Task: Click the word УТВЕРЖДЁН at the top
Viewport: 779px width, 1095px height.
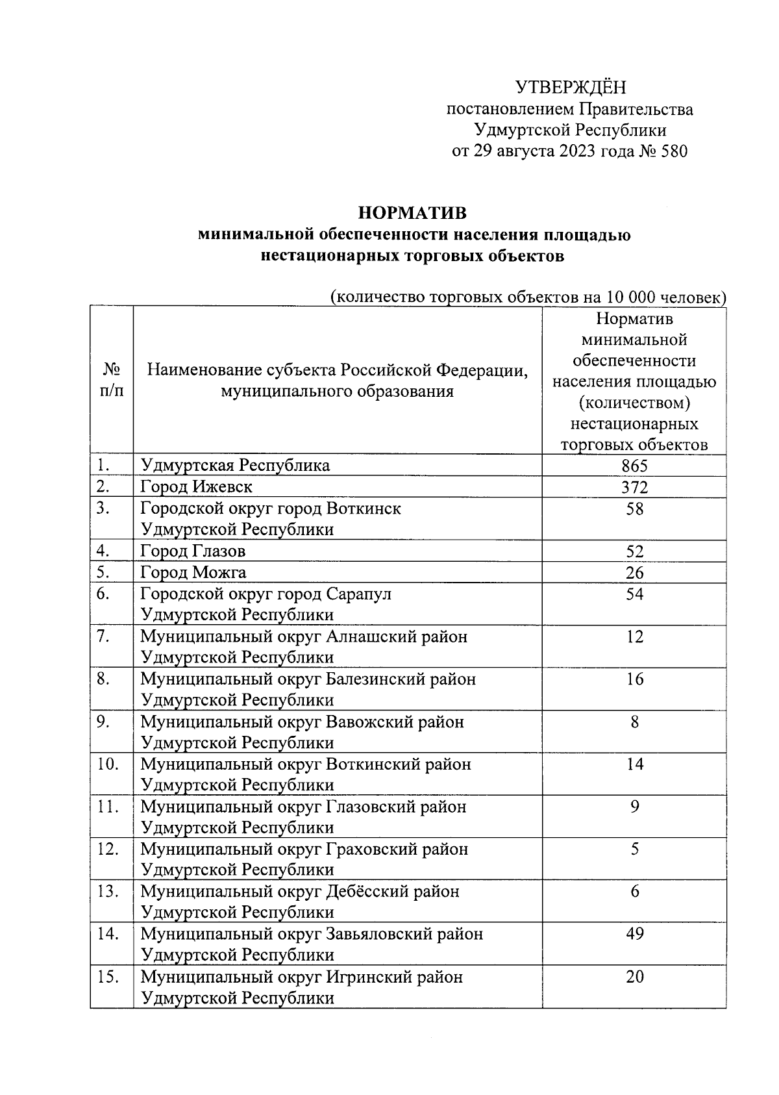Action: (x=571, y=87)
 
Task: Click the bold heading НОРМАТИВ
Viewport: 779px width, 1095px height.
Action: (x=412, y=213)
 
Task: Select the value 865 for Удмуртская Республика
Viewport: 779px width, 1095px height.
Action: (x=634, y=466)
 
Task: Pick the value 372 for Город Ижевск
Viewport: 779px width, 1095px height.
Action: (x=634, y=487)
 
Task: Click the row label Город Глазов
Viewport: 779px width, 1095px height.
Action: (x=193, y=551)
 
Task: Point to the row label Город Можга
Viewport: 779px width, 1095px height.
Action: (x=193, y=573)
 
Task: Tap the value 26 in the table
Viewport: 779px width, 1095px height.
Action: (x=634, y=573)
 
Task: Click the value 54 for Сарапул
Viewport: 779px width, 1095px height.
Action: (x=634, y=594)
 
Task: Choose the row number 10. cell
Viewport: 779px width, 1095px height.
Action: (x=108, y=764)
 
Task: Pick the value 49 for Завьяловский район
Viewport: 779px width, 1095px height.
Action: (x=634, y=934)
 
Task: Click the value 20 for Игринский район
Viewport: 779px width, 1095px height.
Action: (x=634, y=977)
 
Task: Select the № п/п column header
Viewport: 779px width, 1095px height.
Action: (x=112, y=380)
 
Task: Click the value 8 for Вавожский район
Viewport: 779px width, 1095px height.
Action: (x=634, y=722)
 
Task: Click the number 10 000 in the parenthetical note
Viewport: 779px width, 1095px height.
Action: (x=629, y=297)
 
